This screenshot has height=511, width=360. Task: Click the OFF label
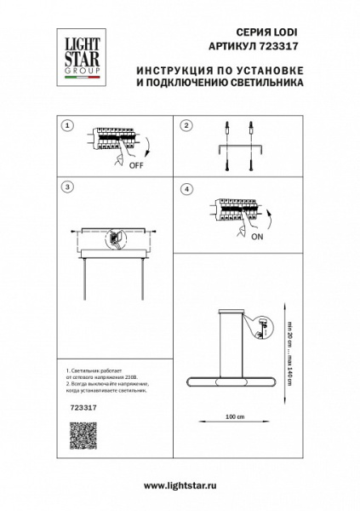pyautogui.click(x=135, y=167)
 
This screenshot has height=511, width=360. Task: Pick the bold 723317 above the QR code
pyautogui.click(x=80, y=408)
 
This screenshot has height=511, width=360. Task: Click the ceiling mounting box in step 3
pyautogui.click(x=115, y=242)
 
